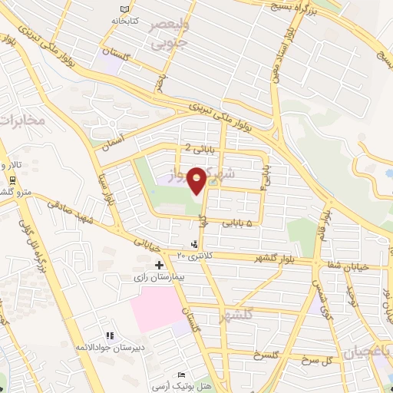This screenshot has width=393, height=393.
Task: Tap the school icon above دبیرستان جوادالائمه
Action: pos(109,336)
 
